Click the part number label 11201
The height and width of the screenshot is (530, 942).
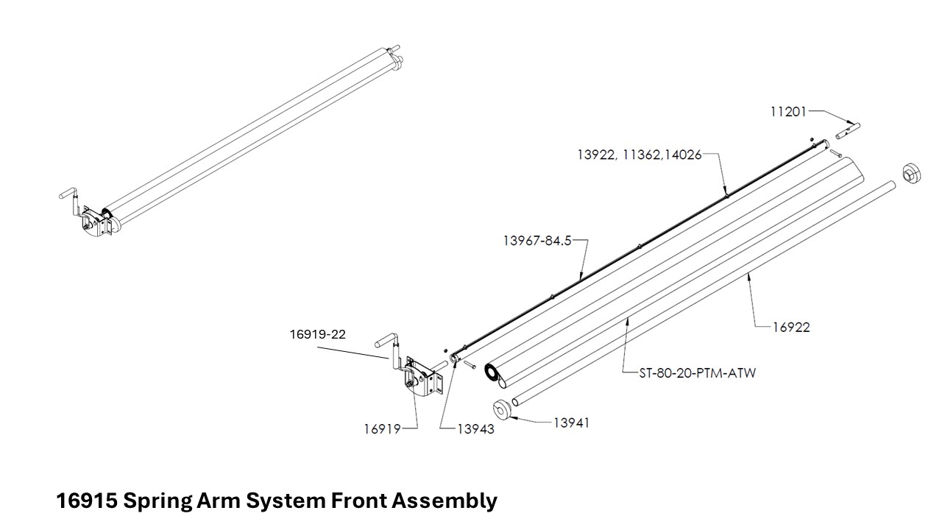click(788, 112)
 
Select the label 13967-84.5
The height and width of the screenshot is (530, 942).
click(537, 241)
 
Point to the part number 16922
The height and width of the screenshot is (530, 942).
click(790, 328)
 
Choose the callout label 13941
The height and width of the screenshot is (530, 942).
click(571, 423)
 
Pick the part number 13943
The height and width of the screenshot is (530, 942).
click(475, 429)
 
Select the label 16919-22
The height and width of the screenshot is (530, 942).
click(317, 333)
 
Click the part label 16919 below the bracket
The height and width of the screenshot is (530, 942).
click(382, 429)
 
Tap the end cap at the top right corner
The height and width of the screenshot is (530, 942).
click(912, 174)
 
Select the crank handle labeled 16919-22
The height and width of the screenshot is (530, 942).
click(391, 350)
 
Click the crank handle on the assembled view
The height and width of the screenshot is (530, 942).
click(74, 199)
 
